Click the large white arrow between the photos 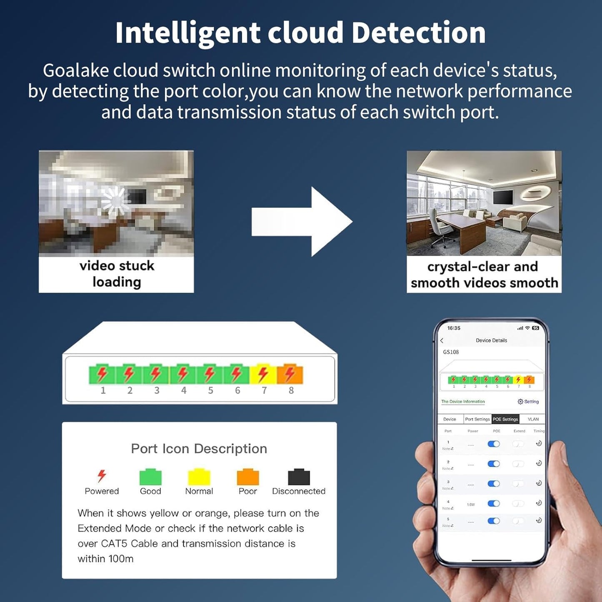[x=302, y=222]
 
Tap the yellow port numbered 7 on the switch [x=263, y=374]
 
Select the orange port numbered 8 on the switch [x=290, y=374]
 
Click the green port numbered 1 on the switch [x=102, y=374]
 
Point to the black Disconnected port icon [x=299, y=477]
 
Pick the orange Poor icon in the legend [x=248, y=477]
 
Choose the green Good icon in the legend [x=150, y=477]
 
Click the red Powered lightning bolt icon [x=102, y=475]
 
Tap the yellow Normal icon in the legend [x=199, y=477]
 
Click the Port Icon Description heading [x=199, y=449]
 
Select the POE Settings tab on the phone [x=505, y=419]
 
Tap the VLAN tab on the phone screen [x=533, y=419]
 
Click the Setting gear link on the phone [x=528, y=402]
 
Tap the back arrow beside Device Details [x=442, y=340]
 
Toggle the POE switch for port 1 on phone [x=494, y=444]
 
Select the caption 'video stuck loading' [x=117, y=274]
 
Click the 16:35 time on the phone [x=454, y=328]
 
